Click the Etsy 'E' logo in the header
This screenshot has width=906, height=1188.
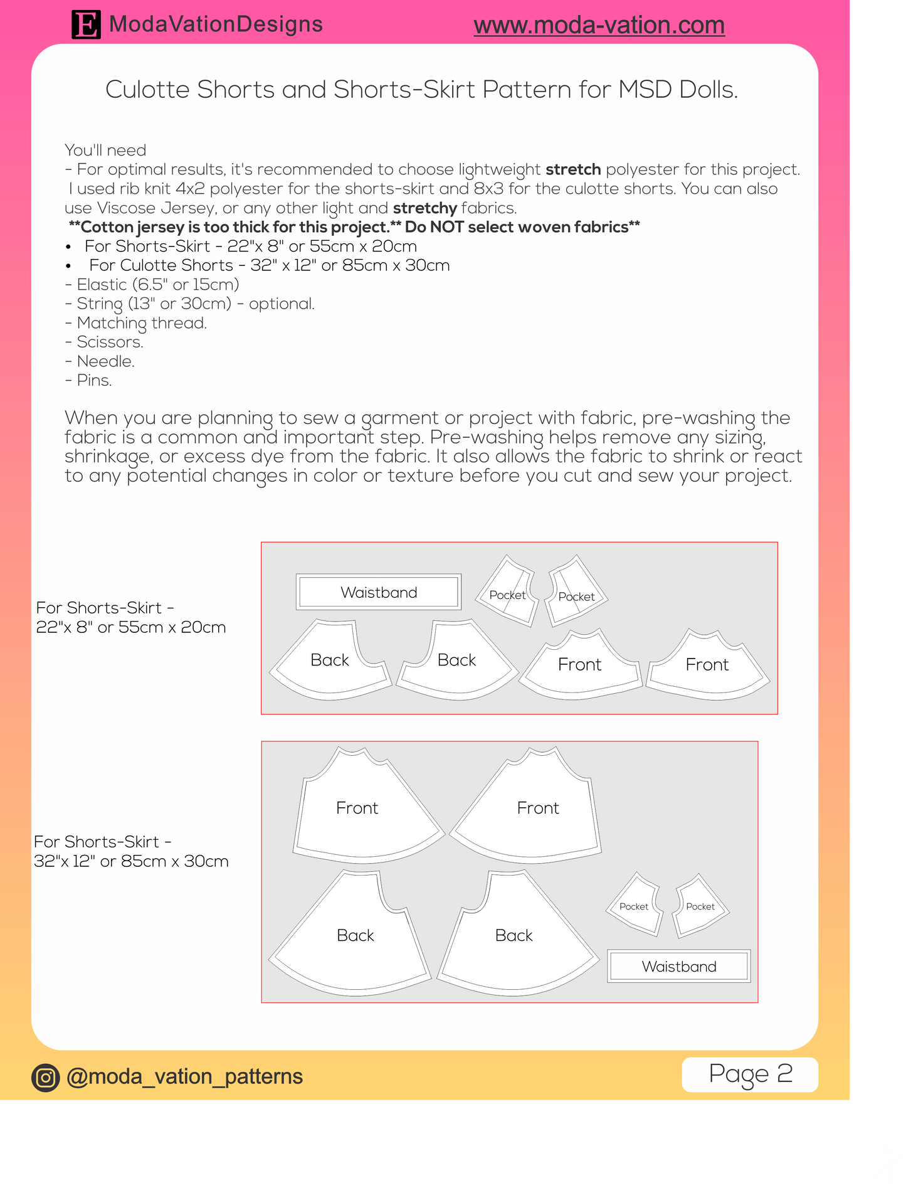click(86, 25)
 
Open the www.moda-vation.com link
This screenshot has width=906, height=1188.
click(599, 25)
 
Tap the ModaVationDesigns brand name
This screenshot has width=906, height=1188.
click(216, 24)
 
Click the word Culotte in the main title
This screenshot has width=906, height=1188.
click(147, 90)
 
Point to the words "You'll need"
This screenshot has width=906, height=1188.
click(105, 151)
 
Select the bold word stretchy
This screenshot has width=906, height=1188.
click(424, 208)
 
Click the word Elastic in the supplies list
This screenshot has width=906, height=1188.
click(102, 285)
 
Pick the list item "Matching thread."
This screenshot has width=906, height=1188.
click(142, 323)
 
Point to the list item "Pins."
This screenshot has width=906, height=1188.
click(94, 381)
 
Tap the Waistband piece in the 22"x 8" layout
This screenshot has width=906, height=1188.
click(379, 592)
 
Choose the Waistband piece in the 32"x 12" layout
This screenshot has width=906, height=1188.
click(679, 966)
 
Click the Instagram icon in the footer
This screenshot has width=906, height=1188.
click(45, 1078)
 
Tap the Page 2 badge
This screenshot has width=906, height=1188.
click(750, 1074)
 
